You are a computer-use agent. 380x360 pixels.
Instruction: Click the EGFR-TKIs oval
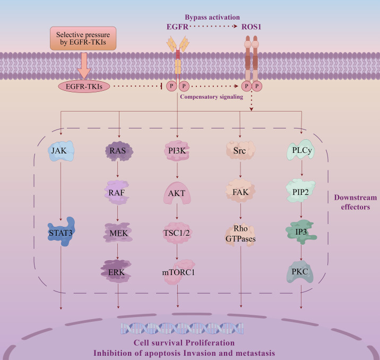[84, 87]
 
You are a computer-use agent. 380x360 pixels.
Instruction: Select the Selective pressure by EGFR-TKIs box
[83, 38]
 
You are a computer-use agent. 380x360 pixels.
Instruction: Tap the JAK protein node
[61, 151]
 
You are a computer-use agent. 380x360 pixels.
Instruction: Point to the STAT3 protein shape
[62, 232]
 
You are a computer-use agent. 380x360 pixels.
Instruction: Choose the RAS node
[119, 151]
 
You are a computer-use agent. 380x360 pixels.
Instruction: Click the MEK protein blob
[118, 233]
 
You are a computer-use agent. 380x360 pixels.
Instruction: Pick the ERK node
[116, 272]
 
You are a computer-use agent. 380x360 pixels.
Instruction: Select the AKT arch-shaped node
[177, 193]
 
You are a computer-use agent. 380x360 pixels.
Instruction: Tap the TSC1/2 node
[176, 233]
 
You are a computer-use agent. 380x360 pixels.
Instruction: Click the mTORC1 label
[178, 272]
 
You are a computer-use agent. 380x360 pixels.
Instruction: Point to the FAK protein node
[240, 192]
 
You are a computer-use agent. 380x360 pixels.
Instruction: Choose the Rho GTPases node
[240, 234]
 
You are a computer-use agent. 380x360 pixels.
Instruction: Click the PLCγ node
[301, 150]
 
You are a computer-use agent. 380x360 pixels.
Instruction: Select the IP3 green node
[301, 232]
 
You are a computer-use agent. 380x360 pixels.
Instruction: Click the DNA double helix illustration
[182, 329]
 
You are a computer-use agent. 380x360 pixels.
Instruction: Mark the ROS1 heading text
[252, 27]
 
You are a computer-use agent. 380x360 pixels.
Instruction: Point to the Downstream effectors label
[356, 202]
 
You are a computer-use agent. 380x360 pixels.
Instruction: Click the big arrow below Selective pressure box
[84, 66]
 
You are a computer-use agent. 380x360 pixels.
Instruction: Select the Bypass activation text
[212, 17]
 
